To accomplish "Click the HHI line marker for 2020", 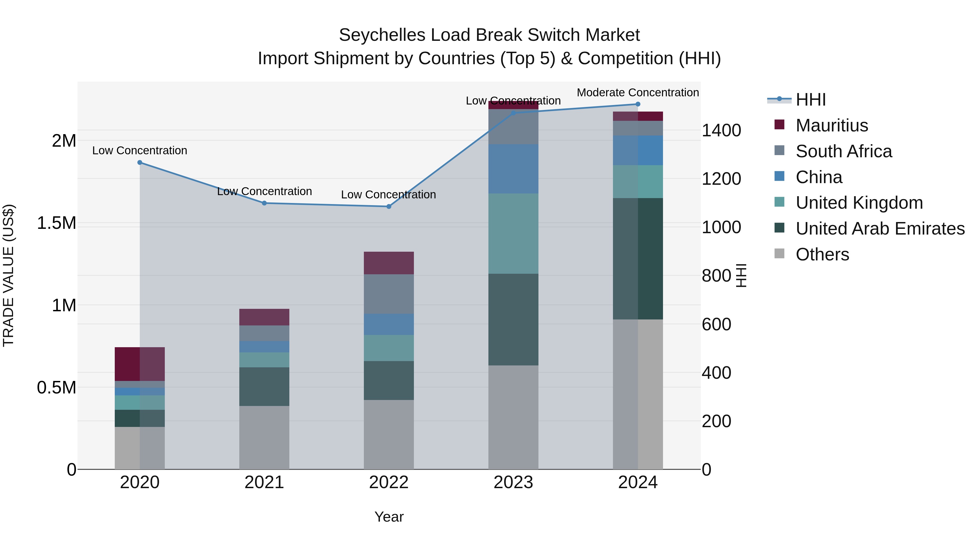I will [140, 163].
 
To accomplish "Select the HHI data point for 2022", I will [389, 207].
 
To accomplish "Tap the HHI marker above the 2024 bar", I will [638, 104].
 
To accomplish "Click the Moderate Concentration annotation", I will [638, 93].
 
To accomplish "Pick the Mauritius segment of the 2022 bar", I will [389, 263].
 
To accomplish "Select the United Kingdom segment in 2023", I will [513, 233].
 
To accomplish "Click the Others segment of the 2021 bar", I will [264, 437].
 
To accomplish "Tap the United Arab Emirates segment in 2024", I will [638, 258].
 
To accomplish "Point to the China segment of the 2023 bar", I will [513, 168].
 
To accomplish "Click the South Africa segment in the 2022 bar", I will [389, 294].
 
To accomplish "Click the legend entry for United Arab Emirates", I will [880, 229].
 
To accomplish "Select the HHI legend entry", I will [810, 100].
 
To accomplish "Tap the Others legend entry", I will [822, 254].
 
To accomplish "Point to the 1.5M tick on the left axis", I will [57, 223].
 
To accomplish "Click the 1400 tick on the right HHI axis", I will [721, 130].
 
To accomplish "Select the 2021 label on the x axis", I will [264, 482].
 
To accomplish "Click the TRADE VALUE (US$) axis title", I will [9, 275].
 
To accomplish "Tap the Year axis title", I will [389, 517].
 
